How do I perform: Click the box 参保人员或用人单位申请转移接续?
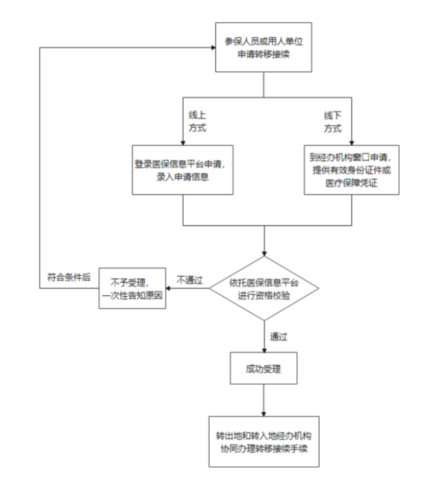click(x=264, y=47)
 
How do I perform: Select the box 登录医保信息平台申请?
click(x=183, y=170)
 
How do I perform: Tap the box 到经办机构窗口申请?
click(x=351, y=170)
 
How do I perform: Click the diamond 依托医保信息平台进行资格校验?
click(x=264, y=288)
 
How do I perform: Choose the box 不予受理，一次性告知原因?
click(x=133, y=288)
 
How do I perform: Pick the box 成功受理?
click(x=264, y=368)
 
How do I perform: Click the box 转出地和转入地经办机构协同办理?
click(x=264, y=442)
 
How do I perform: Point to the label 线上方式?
click(x=197, y=121)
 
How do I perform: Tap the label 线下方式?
click(x=333, y=122)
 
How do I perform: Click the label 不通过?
click(x=190, y=280)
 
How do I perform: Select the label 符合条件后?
click(x=69, y=277)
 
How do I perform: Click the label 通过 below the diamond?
click(x=278, y=337)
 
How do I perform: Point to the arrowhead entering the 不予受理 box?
click(x=168, y=288)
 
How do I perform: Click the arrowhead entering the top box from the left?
click(x=213, y=48)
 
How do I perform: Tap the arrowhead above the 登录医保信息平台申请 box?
click(x=183, y=143)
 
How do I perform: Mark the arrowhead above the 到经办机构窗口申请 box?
click(x=351, y=143)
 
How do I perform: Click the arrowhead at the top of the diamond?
click(x=264, y=254)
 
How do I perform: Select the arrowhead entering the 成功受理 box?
click(x=264, y=350)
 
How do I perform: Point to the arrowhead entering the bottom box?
click(x=264, y=414)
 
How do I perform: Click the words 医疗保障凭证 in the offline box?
click(x=351, y=183)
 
